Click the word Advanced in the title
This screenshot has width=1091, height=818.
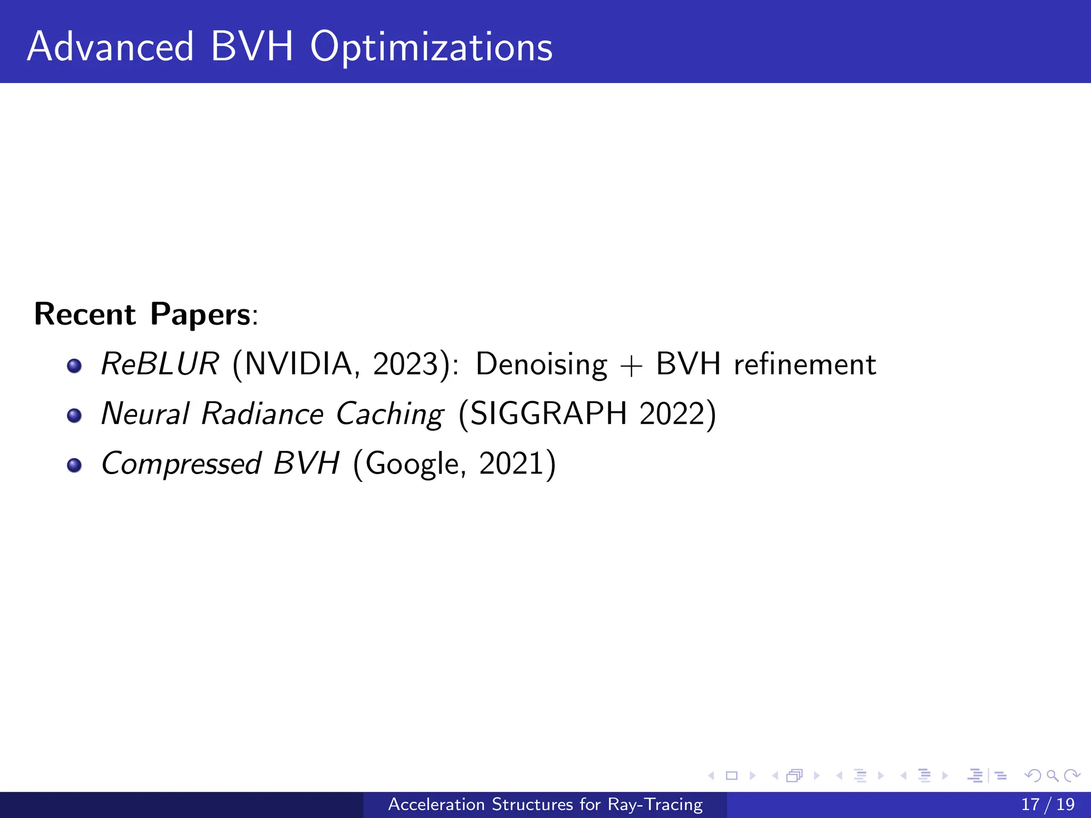point(110,47)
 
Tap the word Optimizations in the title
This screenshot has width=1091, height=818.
point(431,48)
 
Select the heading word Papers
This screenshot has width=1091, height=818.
point(200,314)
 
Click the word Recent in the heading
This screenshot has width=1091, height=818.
point(85,314)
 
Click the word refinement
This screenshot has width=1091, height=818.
point(804,364)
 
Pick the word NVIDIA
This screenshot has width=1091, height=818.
point(298,364)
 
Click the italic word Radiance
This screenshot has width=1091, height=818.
point(262,414)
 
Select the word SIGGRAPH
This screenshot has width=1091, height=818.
point(549,414)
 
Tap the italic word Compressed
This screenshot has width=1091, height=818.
point(181,464)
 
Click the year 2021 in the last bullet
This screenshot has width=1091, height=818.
point(511,463)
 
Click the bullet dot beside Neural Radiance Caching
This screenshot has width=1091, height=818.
point(75,415)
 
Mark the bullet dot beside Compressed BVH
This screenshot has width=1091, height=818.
point(75,465)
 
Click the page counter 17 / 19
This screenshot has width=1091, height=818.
point(1048,805)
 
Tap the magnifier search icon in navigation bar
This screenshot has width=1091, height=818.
point(1052,776)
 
